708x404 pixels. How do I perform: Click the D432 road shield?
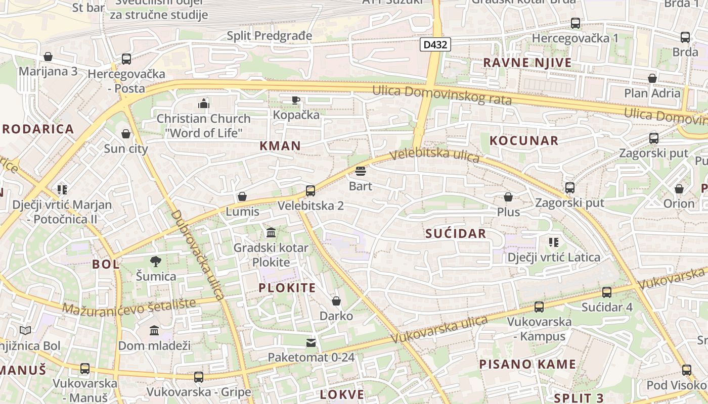[435, 44]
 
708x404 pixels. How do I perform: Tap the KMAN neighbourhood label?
[280, 146]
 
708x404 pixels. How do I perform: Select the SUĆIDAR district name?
[456, 233]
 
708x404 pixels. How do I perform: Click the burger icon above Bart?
[361, 171]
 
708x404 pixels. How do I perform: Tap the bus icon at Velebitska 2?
[311, 191]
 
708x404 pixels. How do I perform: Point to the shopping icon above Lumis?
[242, 196]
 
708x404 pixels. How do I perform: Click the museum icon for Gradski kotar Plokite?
[271, 233]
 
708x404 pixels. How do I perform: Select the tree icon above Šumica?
[156, 261]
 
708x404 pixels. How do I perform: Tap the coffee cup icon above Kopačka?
[296, 100]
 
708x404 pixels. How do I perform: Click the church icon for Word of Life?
[204, 104]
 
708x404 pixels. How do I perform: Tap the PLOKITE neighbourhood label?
[287, 288]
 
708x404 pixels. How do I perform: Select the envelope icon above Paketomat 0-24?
[311, 343]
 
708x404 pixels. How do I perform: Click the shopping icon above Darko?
[336, 301]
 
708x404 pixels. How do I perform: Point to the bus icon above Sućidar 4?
[607, 292]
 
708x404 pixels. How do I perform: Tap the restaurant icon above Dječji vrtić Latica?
[554, 242]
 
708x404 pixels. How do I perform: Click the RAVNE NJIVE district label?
[527, 63]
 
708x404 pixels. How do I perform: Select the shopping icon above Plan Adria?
[652, 78]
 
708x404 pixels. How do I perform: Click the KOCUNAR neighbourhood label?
[524, 141]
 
